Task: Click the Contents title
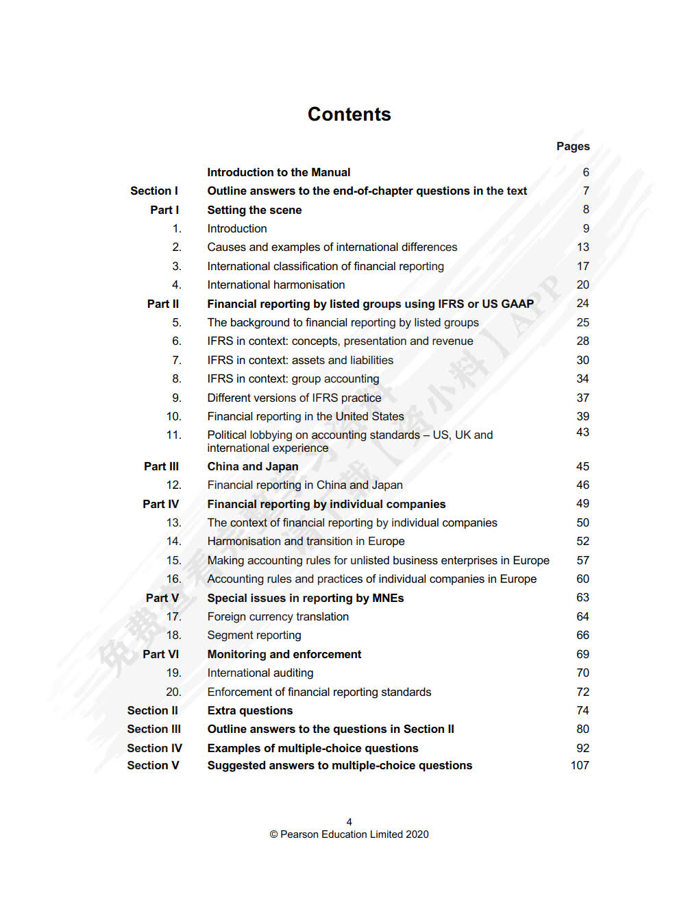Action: [349, 114]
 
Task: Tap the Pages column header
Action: [572, 146]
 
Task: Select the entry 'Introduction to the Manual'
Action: [278, 172]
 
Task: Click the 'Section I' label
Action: [154, 191]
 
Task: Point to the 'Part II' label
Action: [163, 304]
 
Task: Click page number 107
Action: [579, 765]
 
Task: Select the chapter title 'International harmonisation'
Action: [275, 285]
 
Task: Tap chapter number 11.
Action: [173, 435]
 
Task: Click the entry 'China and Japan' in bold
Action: [253, 466]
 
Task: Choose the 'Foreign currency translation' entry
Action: [278, 616]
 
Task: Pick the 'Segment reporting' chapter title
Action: [254, 635]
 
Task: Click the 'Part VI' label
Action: [161, 654]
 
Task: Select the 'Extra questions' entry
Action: [249, 710]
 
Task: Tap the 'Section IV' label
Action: [154, 748]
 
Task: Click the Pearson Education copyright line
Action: [349, 834]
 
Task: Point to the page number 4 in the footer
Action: [349, 821]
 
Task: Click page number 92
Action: [582, 748]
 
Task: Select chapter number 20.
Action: [173, 692]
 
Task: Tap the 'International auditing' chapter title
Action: [260, 673]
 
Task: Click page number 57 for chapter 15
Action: [582, 560]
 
